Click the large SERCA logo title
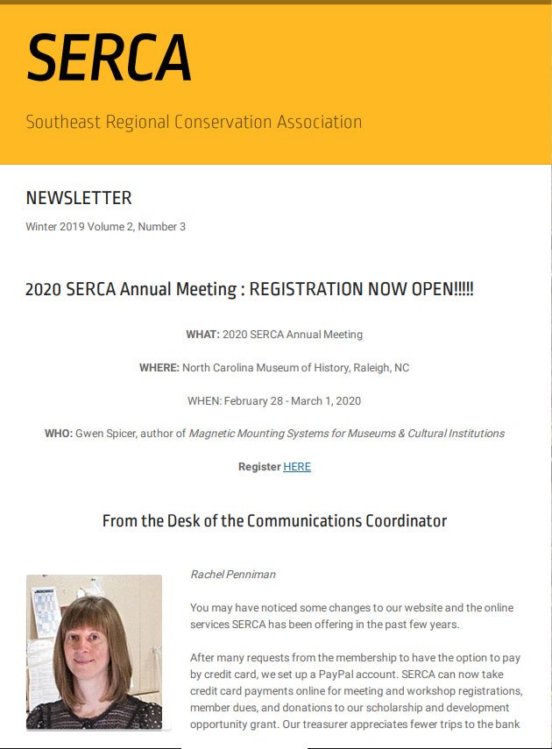click(x=109, y=59)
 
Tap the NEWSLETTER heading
click(x=79, y=198)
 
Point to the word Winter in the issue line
click(x=41, y=227)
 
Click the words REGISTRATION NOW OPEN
click(x=361, y=289)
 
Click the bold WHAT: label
click(x=202, y=335)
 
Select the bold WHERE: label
click(x=159, y=368)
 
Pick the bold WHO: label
click(x=59, y=434)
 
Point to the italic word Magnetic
click(x=214, y=434)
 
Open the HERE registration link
click(x=297, y=467)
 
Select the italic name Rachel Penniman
click(x=233, y=575)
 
